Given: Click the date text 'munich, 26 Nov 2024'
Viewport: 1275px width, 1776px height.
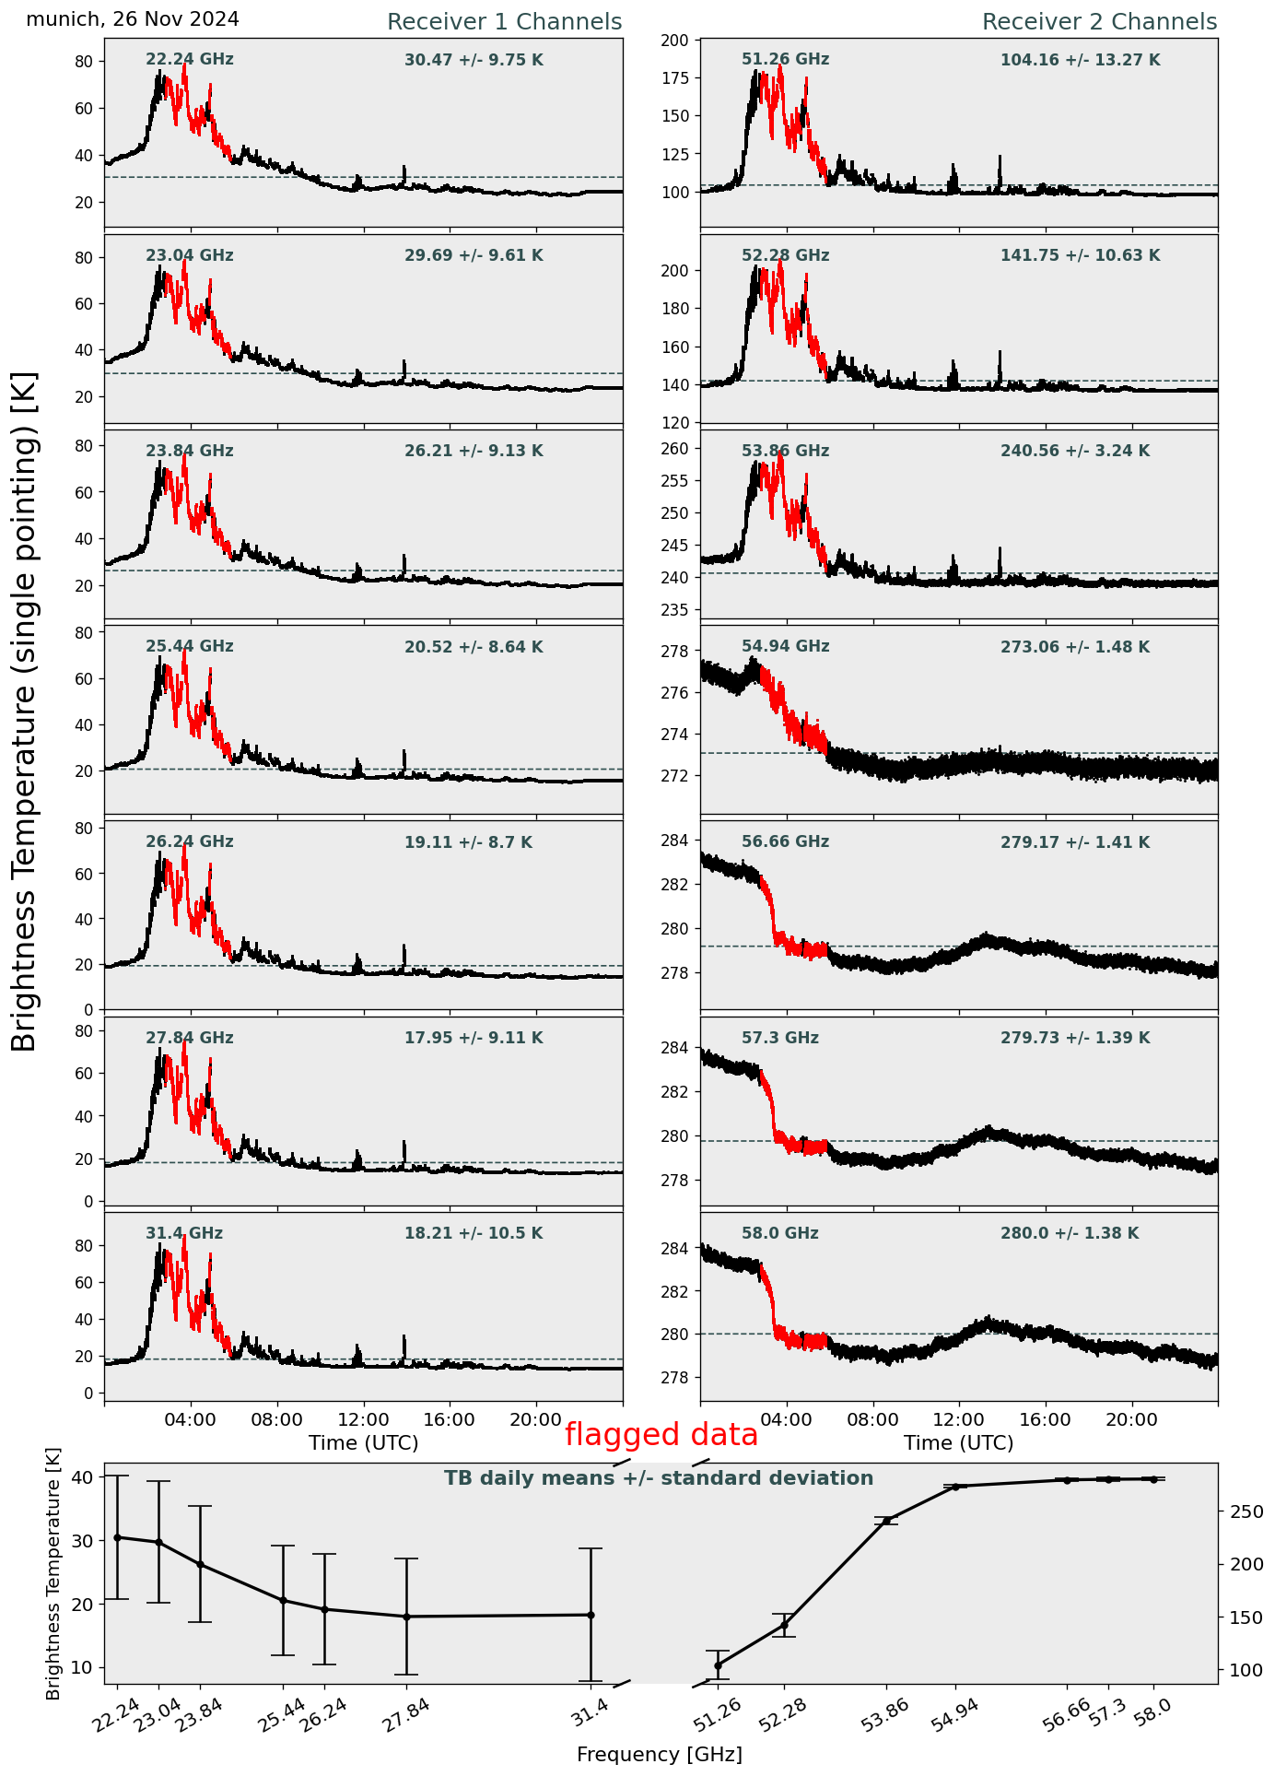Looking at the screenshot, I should click(x=133, y=19).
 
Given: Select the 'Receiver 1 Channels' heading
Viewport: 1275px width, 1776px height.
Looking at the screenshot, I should click(x=504, y=22).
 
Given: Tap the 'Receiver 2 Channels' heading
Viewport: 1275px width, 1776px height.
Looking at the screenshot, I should click(x=1099, y=22).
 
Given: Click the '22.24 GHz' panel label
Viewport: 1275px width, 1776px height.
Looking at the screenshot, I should click(x=190, y=60).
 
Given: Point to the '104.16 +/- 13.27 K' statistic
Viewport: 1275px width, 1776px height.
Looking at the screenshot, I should click(x=1080, y=61).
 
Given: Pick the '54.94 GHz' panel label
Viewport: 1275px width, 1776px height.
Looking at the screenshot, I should click(x=785, y=647).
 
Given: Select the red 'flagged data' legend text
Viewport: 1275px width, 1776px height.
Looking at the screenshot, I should click(x=661, y=1435).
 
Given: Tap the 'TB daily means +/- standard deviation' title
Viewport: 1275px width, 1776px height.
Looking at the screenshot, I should click(x=659, y=1478).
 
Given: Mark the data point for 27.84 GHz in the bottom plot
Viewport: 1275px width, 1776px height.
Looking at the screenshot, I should click(x=406, y=1617).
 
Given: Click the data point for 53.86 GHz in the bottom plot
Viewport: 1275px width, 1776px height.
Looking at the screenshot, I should click(x=887, y=1521).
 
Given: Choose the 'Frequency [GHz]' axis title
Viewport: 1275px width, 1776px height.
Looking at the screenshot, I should click(x=659, y=1755).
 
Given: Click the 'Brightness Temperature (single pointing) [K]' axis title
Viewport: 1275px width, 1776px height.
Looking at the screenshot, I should click(x=24, y=711).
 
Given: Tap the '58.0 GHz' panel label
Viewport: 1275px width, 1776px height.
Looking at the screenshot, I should click(x=779, y=1233).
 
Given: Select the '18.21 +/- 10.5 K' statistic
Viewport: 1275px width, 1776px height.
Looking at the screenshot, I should click(x=474, y=1233).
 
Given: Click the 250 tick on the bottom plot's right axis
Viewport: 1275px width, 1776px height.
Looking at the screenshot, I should click(x=1239, y=1511).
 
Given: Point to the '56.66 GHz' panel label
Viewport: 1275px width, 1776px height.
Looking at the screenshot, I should click(x=785, y=842).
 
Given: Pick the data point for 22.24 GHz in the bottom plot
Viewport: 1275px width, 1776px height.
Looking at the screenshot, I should click(x=117, y=1537).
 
